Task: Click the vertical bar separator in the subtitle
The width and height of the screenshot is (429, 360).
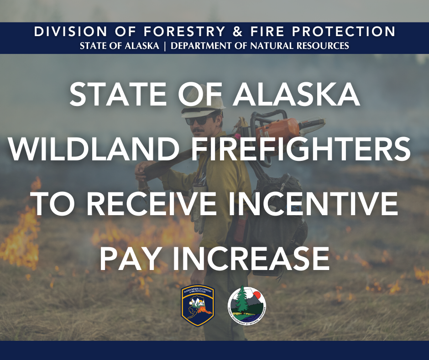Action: [161, 45]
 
